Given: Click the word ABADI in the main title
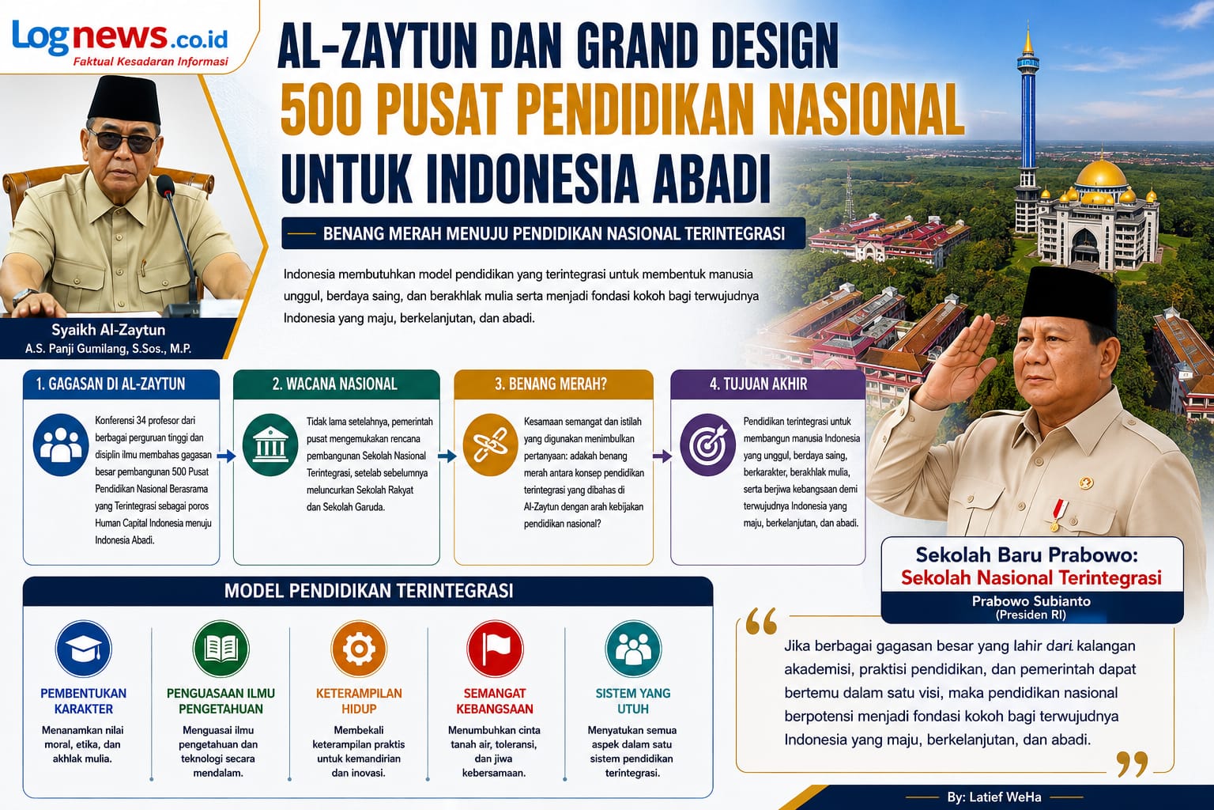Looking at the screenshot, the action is pyautogui.click(x=711, y=179).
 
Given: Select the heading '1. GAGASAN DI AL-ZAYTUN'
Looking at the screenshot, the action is pyautogui.click(x=111, y=384).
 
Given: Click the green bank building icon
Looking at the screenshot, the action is pyautogui.click(x=270, y=445).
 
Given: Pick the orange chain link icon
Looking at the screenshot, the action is pyautogui.click(x=490, y=445).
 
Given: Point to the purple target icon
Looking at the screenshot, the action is pyautogui.click(x=708, y=445).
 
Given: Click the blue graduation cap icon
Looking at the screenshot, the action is pyautogui.click(x=84, y=649).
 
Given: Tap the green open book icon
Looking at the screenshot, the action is pyautogui.click(x=221, y=649).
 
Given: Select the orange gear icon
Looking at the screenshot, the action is pyautogui.click(x=359, y=649).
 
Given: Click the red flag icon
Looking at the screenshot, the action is pyautogui.click(x=495, y=649).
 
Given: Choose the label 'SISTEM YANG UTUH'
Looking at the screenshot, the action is pyautogui.click(x=633, y=701).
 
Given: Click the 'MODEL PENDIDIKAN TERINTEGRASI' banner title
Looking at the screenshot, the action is pyautogui.click(x=368, y=591).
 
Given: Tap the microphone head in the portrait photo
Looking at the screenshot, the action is pyautogui.click(x=165, y=186).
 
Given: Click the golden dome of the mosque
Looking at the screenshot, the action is pyautogui.click(x=1101, y=173).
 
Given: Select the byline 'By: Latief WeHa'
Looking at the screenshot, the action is pyautogui.click(x=994, y=797).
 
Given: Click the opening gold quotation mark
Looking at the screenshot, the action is pyautogui.click(x=761, y=621).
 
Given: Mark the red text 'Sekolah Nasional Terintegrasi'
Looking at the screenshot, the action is pyautogui.click(x=1031, y=577).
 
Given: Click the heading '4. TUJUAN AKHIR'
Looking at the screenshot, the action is pyautogui.click(x=758, y=384).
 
